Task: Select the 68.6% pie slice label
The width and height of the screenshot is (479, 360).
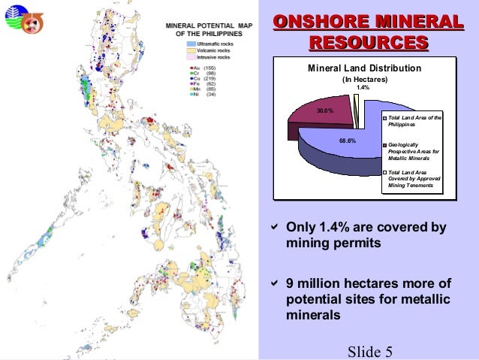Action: pos(348,141)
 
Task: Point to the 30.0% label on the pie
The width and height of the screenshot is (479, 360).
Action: pos(325,110)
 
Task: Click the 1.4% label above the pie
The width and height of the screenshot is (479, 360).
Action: pos(363,87)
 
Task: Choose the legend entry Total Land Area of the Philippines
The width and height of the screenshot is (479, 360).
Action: pos(415,121)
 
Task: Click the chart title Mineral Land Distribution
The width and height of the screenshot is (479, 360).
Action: pos(365,68)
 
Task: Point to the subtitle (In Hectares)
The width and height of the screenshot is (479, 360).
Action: pos(365,79)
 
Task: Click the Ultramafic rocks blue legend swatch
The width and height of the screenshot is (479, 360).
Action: pos(192,45)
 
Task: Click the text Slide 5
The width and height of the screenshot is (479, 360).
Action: pos(371,352)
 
